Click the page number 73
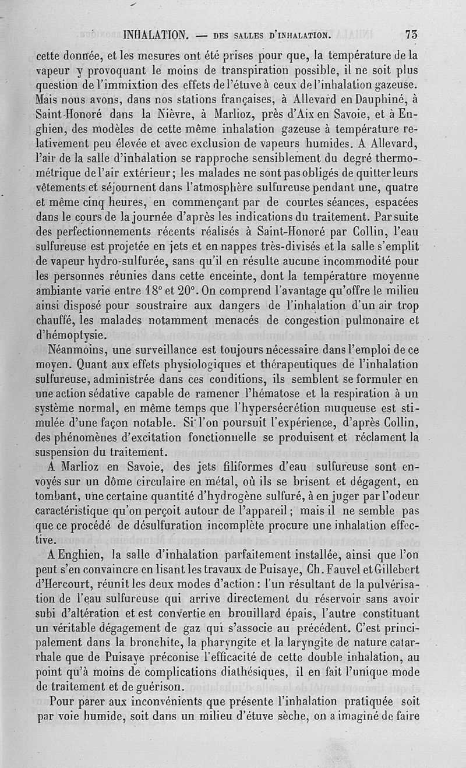[411, 34]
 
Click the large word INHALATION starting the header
[156, 35]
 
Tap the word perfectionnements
[110, 230]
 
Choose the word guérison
[157, 687]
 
